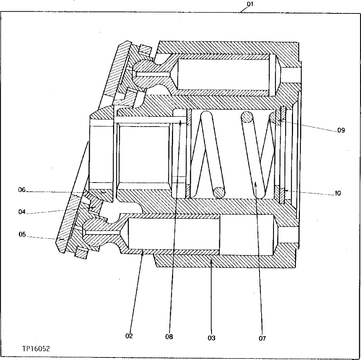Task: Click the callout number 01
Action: point(250,4)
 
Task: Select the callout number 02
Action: point(129,336)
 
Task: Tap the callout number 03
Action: point(212,338)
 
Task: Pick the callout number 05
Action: point(23,234)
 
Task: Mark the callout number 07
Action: point(262,338)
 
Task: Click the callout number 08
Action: point(169,337)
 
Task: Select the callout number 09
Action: point(341,129)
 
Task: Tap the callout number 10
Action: point(338,194)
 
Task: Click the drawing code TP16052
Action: point(36,348)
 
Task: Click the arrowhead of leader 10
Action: point(285,190)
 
